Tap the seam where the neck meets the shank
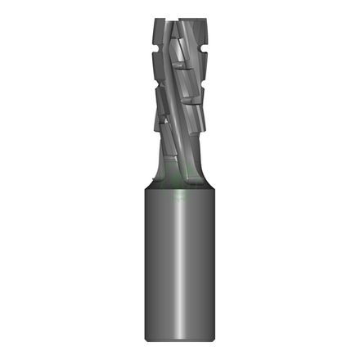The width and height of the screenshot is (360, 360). point(180,188)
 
